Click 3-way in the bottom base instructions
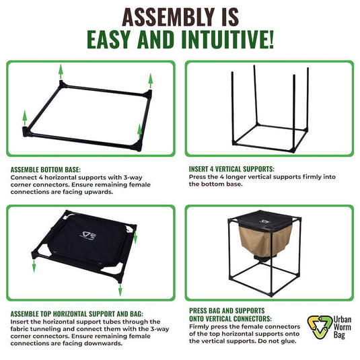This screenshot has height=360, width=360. [x=132, y=177]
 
